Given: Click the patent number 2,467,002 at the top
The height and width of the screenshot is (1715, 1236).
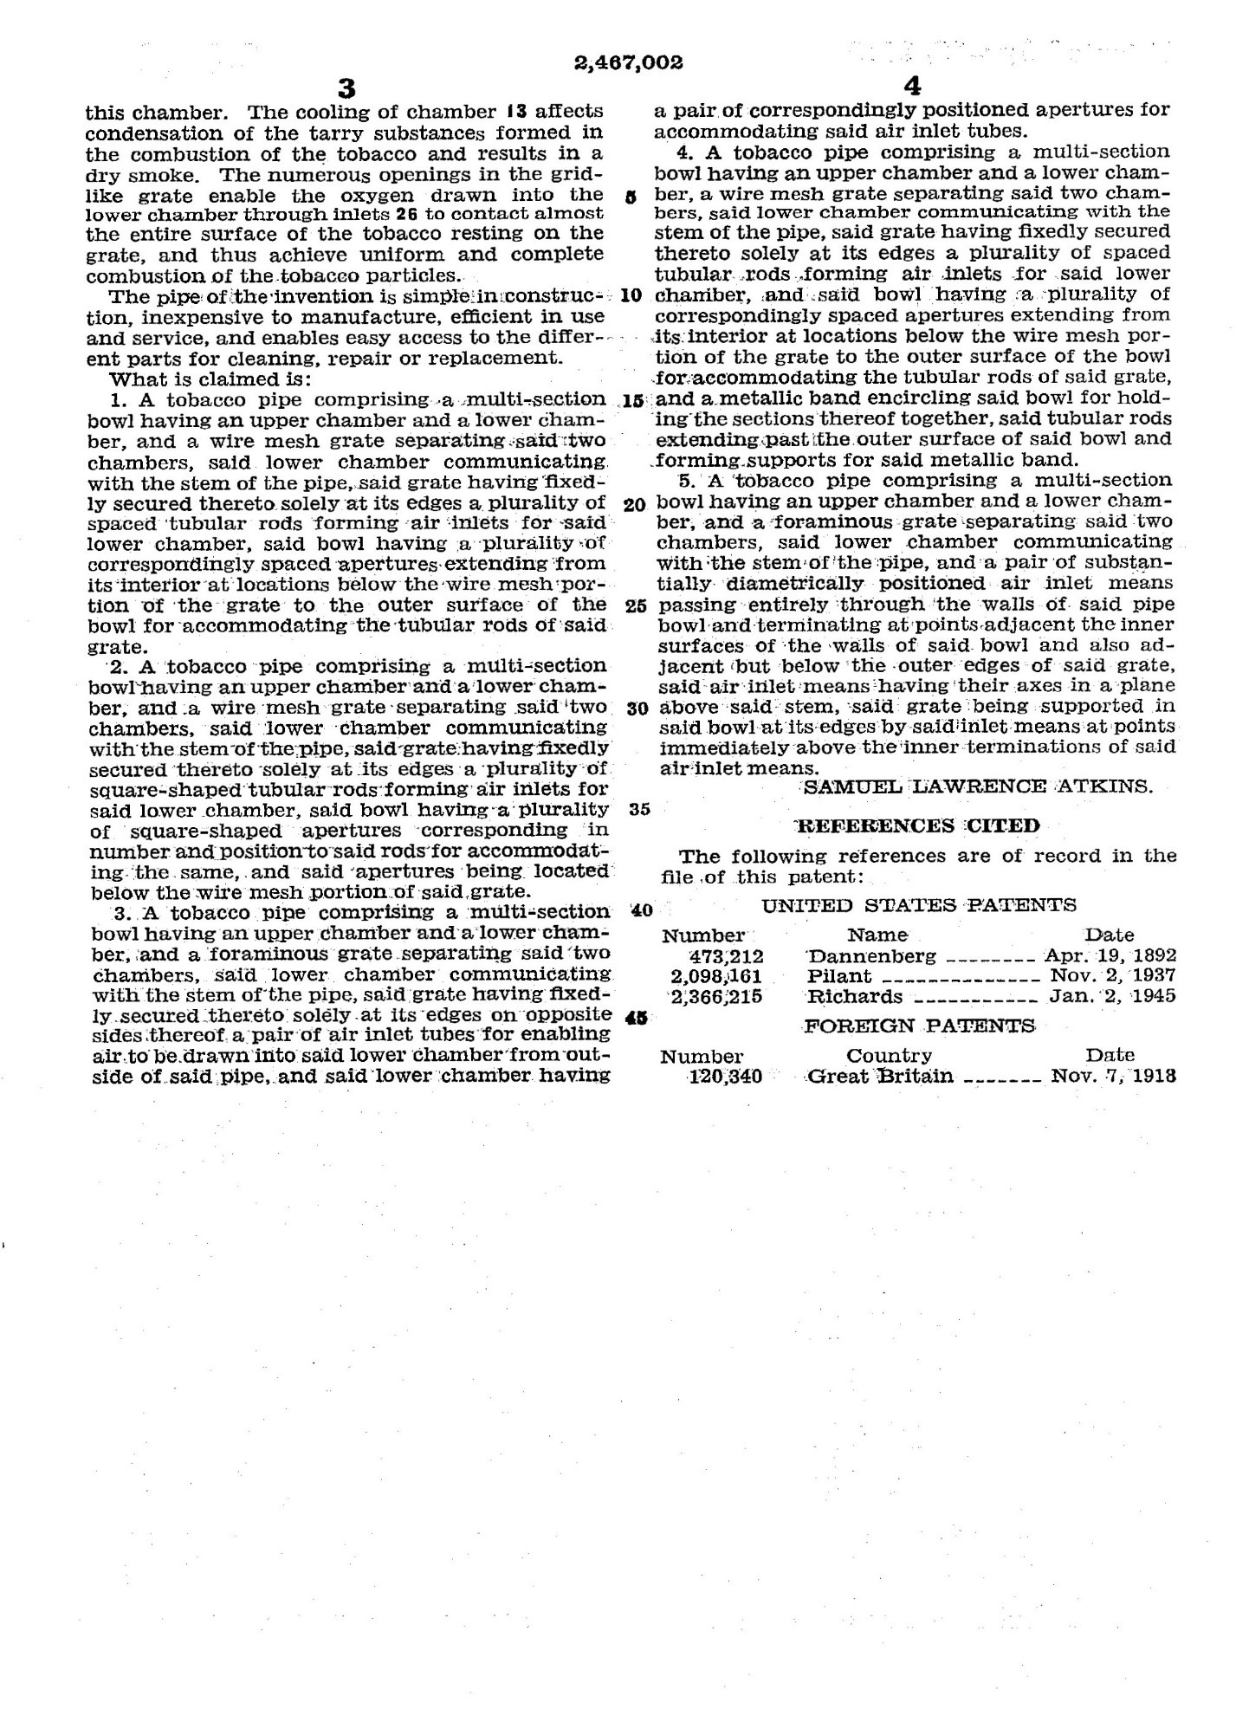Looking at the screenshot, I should (628, 62).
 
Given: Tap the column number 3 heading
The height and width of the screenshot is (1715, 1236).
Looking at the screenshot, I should (346, 87).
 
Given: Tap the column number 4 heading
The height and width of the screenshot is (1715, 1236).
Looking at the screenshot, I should (912, 87).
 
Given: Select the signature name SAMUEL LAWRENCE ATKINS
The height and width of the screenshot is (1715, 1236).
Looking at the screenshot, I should (979, 786).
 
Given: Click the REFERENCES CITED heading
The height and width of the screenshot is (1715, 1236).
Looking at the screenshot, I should (918, 825).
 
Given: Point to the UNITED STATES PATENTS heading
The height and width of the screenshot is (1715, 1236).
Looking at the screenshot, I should (919, 905).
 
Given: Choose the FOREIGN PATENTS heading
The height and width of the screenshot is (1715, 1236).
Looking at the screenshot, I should (920, 1026).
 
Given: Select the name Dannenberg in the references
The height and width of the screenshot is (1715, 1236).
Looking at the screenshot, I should (871, 956).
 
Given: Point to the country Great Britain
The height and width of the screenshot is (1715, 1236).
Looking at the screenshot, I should (880, 1077).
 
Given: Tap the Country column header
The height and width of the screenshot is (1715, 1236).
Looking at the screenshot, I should (889, 1056).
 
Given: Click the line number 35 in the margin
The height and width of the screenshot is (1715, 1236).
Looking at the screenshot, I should (641, 810).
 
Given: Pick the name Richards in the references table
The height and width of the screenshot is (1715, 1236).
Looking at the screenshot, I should (855, 996).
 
